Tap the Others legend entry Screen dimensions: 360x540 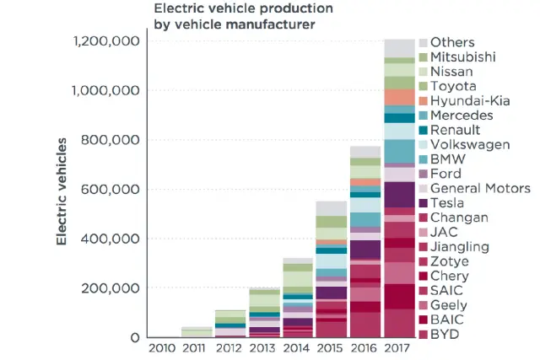pyautogui.click(x=452, y=42)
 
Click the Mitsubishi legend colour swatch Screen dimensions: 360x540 pyautogui.click(x=424, y=57)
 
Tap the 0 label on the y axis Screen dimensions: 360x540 pyautogui.click(x=134, y=337)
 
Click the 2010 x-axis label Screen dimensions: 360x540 pyautogui.click(x=161, y=347)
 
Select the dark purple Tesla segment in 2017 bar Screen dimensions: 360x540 pyautogui.click(x=397, y=195)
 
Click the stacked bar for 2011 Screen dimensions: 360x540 pyautogui.click(x=196, y=332)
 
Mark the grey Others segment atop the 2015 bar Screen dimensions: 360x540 pyautogui.click(x=331, y=208)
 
